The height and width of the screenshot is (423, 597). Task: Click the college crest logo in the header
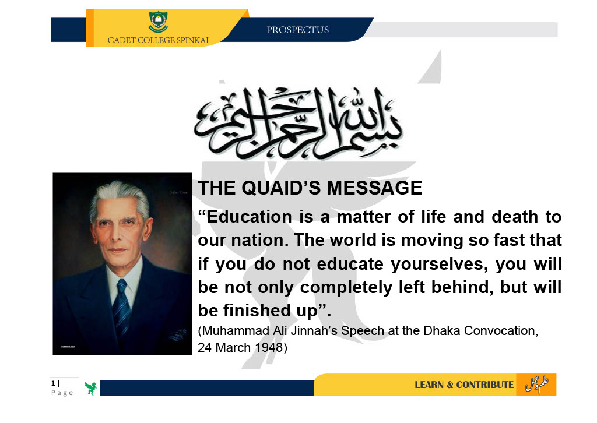[x=158, y=22]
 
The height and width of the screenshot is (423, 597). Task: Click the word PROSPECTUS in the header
[x=298, y=30]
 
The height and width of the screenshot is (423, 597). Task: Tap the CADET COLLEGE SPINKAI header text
[x=158, y=40]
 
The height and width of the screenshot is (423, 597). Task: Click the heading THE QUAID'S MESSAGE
[x=310, y=188]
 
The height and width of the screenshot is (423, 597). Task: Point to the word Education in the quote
[x=250, y=217]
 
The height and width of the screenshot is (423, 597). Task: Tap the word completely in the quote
[x=346, y=288]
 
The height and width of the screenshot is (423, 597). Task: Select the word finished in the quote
[x=257, y=311]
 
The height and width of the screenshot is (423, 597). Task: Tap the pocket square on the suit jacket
[x=177, y=335]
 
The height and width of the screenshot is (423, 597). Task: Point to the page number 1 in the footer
[x=53, y=383]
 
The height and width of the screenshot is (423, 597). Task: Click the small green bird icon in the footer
[x=90, y=389]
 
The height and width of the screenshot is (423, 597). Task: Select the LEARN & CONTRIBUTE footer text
[x=464, y=385]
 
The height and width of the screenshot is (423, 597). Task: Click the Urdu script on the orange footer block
[x=537, y=384]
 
